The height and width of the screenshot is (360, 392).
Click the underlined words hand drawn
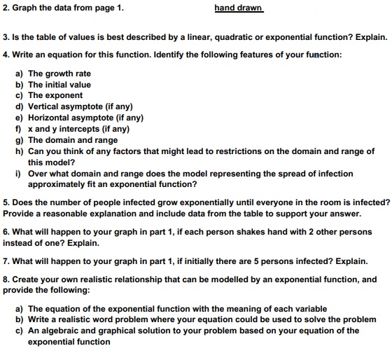[x=238, y=8]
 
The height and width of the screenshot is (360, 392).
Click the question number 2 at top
[x=6, y=8]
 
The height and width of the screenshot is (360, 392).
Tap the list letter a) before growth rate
[x=19, y=74]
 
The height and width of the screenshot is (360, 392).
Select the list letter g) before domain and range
[x=19, y=140]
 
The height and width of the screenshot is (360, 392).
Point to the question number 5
[x=6, y=202]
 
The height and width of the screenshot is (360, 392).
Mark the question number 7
[x=6, y=261]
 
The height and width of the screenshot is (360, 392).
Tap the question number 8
[x=6, y=279]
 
